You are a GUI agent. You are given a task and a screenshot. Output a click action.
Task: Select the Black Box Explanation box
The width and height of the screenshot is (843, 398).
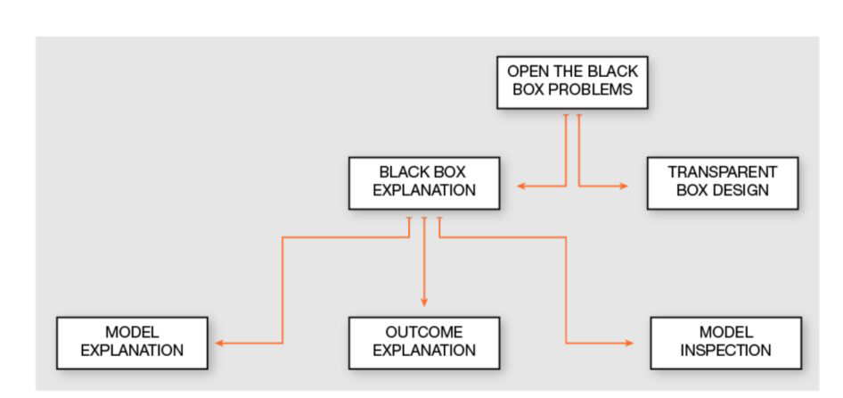tap(424, 182)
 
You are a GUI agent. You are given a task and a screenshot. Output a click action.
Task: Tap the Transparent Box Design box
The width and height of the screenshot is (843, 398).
tap(723, 182)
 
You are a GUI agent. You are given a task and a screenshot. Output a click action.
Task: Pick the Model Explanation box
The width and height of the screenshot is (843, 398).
tap(132, 342)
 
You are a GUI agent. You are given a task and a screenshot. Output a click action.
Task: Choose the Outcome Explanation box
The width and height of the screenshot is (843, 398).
tap(424, 342)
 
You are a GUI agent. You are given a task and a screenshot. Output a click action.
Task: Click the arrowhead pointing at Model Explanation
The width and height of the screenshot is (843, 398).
tap(219, 343)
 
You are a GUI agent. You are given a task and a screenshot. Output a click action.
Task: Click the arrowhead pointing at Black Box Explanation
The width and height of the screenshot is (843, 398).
tap(522, 186)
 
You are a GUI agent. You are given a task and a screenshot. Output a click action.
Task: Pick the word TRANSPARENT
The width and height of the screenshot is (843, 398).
tap(723, 172)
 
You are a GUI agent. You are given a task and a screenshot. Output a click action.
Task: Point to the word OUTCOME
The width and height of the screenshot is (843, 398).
tap(424, 332)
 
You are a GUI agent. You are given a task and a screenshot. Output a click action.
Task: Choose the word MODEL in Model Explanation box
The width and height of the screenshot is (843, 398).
tap(132, 332)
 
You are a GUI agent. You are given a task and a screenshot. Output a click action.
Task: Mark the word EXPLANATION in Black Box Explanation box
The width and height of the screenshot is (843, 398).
tap(424, 191)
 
